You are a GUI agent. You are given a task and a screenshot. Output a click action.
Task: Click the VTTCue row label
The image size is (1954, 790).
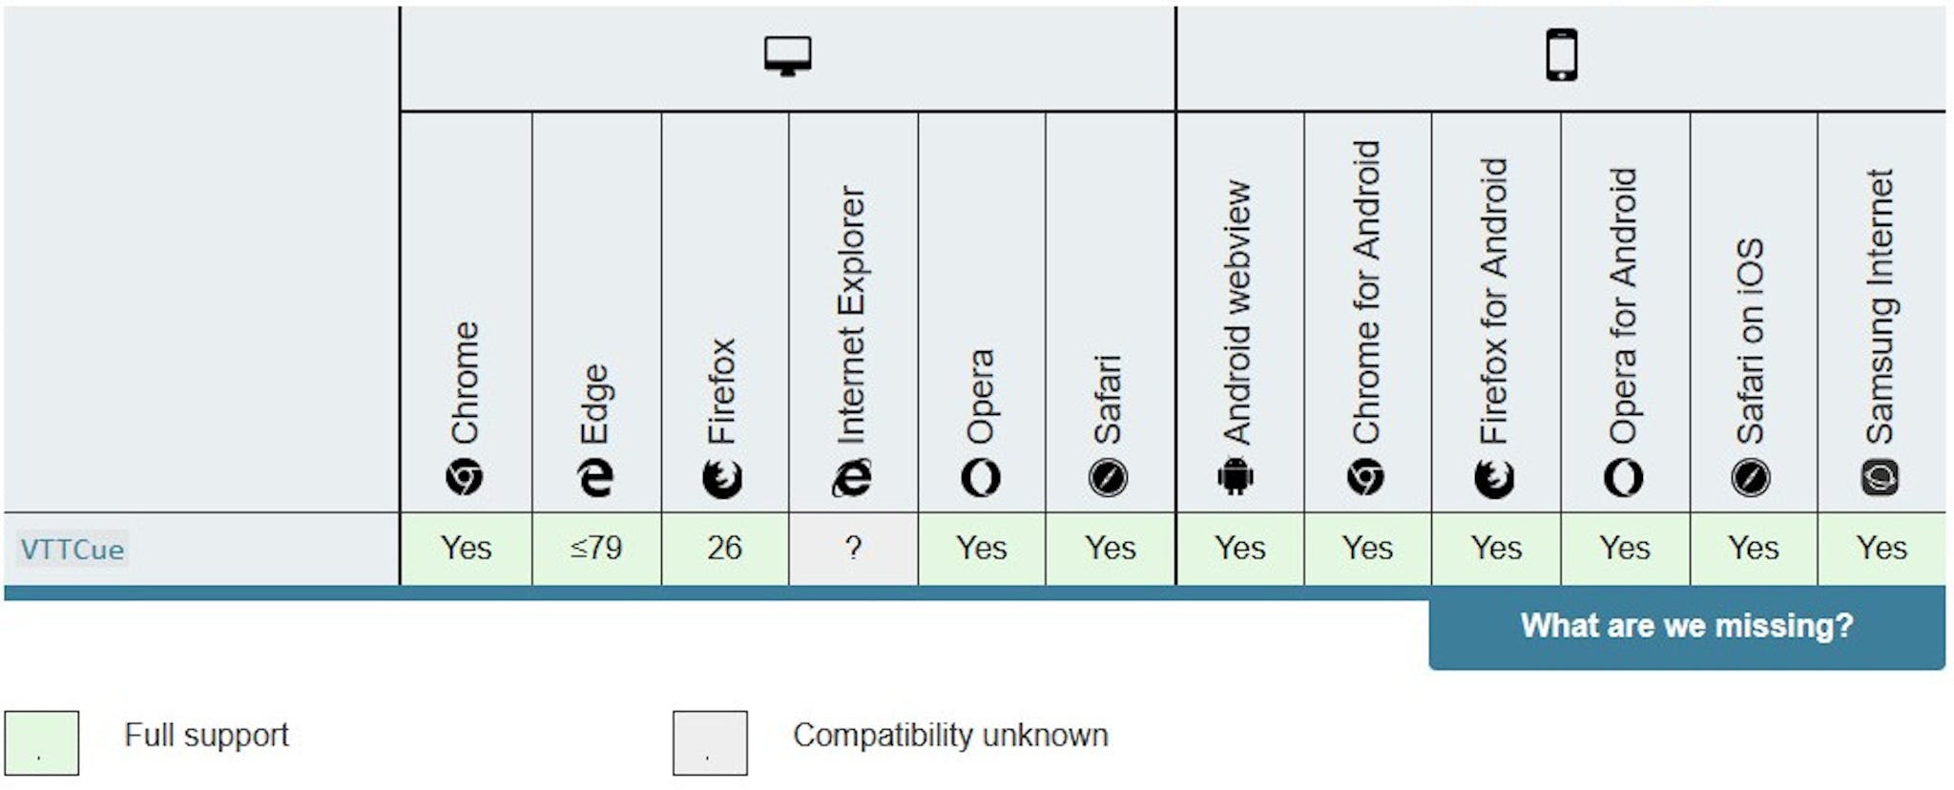73,550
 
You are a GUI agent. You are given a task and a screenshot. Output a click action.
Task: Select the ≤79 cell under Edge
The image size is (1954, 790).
596,549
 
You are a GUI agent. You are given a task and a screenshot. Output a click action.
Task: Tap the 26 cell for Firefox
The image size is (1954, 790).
725,549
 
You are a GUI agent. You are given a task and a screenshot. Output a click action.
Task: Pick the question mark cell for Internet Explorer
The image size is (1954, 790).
853,549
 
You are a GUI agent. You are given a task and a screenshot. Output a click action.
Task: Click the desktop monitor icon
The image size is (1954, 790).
788,56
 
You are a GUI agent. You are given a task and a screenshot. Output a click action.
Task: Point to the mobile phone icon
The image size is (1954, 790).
1562,55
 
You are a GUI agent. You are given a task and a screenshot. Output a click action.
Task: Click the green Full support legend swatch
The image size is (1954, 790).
42,742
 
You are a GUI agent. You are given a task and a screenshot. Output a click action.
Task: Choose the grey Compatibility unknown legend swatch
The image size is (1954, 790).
710,742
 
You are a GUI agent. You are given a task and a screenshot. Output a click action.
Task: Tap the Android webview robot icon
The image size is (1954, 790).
1236,477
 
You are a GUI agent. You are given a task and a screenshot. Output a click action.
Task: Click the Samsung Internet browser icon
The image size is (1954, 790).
1880,477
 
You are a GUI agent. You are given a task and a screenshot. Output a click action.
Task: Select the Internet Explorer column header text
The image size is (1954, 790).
851,315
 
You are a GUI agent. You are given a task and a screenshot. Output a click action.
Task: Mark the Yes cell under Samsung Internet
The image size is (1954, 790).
1881,549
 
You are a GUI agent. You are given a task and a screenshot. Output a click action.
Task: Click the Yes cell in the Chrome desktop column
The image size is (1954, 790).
467,549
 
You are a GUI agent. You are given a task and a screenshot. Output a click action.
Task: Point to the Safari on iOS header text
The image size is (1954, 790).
1751,341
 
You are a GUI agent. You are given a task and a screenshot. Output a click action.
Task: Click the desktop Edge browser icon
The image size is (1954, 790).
595,477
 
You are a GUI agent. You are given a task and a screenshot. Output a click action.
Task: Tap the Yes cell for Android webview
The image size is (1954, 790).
1240,549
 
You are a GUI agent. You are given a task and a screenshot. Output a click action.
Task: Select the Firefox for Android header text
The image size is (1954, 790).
1494,301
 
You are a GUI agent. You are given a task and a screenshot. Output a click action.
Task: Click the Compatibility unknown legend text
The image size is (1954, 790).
950,736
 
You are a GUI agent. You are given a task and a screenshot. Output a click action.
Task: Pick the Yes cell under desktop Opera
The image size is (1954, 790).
982,549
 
